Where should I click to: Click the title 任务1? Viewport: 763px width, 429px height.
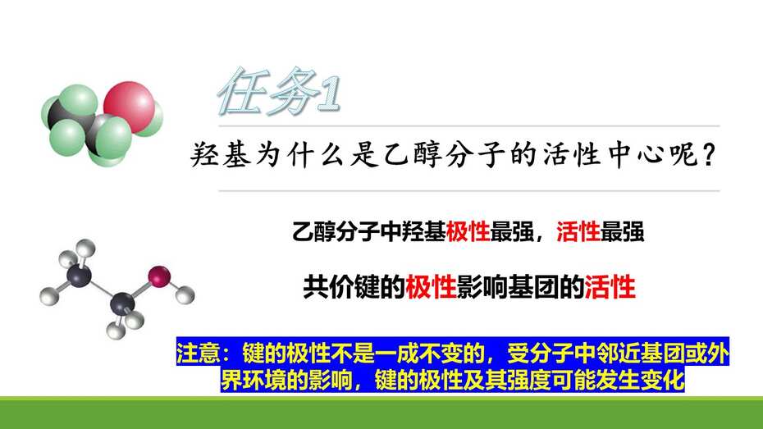pyautogui.click(x=279, y=91)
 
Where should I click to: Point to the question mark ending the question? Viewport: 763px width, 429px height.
pyautogui.click(x=708, y=155)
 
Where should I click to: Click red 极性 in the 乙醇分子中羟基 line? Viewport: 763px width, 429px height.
pyautogui.click(x=468, y=231)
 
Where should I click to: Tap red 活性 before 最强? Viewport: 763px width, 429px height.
pyautogui.click(x=578, y=231)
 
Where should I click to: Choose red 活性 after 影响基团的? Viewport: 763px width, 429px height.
pyautogui.click(x=610, y=286)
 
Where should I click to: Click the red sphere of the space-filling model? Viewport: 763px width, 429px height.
pyautogui.click(x=129, y=107)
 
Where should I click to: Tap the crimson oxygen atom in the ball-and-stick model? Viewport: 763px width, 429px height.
pyautogui.click(x=159, y=276)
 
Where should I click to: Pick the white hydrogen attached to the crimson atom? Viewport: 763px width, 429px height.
pyautogui.click(x=185, y=295)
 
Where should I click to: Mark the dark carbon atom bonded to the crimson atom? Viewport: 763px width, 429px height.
pyautogui.click(x=122, y=304)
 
